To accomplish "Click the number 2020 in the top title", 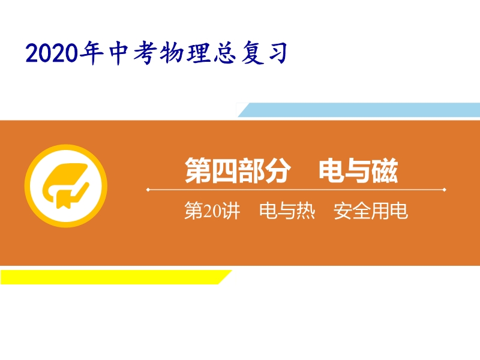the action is coord(52,53).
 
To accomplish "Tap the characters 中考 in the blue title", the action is coord(132,53).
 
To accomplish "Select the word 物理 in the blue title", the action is coord(185,53).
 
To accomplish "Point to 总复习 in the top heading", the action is coord(250,53).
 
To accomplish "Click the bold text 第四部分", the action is coord(238,170).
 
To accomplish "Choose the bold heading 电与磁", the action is coord(358,170).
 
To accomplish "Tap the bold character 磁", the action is coord(385,170).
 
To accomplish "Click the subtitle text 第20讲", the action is coord(212,211).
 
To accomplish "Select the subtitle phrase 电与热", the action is coord(287,211).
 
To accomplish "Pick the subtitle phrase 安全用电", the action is coord(371,211).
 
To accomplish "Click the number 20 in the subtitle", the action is coord(212,211).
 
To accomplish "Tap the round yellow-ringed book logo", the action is coord(66,186).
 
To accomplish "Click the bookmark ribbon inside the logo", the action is coord(64,199).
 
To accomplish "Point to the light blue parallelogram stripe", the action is coord(359,110).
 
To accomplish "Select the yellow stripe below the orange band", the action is coord(116,277).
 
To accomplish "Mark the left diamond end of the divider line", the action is coord(148,190).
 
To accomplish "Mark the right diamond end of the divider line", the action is coord(445,190).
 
